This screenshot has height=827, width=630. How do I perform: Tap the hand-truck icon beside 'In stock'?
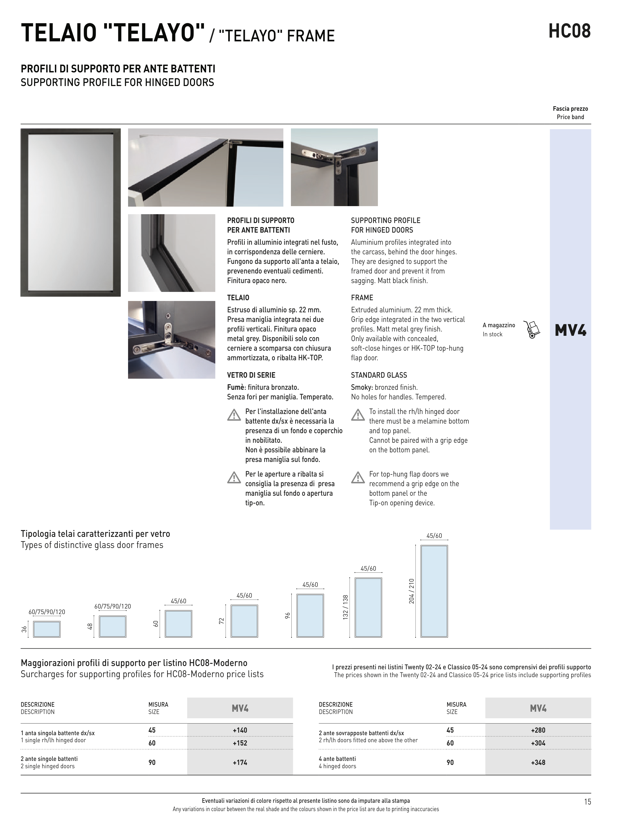[532, 329]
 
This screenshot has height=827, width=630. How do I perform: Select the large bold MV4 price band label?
[570, 330]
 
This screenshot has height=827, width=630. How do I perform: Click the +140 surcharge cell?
[240, 730]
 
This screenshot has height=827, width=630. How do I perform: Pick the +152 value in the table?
[240, 743]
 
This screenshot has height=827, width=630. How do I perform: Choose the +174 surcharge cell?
[240, 762]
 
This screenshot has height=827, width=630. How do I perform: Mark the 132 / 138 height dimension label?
[346, 607]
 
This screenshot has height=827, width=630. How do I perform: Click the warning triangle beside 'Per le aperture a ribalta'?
[234, 478]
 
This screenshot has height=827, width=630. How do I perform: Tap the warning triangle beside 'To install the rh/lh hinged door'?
[358, 415]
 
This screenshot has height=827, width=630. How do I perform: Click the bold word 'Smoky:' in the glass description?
[362, 387]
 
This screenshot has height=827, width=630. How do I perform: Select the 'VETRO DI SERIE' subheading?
[251, 375]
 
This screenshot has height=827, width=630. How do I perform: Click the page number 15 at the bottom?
[587, 802]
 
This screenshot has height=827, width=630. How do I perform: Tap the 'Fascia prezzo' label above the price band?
[570, 109]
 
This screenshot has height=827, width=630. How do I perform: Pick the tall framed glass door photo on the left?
[71, 212]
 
